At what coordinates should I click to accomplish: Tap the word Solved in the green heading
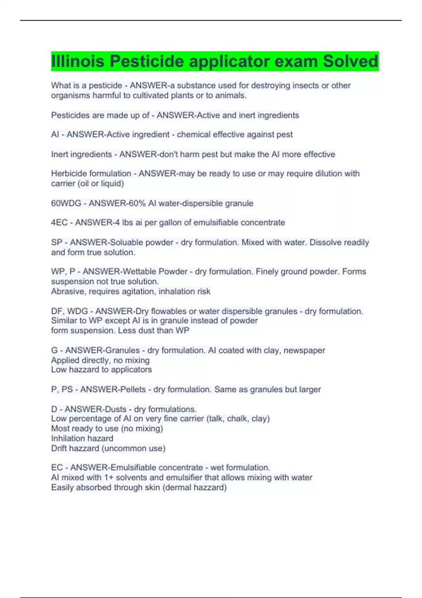(x=351, y=61)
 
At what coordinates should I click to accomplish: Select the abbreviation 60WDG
(x=66, y=203)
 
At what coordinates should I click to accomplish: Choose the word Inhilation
(x=66, y=438)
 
